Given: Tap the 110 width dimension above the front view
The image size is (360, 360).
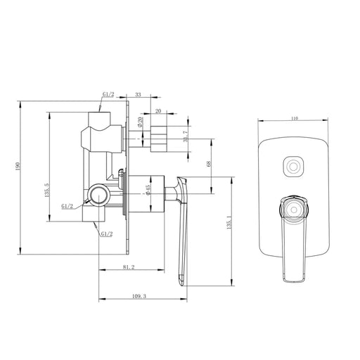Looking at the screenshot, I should pyautogui.click(x=294, y=120).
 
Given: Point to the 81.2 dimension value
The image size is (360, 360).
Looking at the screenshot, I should pyautogui.click(x=129, y=266).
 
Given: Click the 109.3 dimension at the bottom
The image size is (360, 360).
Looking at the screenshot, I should pyautogui.click(x=139, y=297).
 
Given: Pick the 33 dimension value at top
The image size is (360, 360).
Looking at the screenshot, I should pyautogui.click(x=139, y=93).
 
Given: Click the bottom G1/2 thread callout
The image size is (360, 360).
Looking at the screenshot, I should pyautogui.click(x=106, y=233).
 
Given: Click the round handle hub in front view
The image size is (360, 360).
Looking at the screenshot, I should pyautogui.click(x=294, y=206).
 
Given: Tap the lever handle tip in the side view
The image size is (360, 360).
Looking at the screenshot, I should pyautogui.click(x=181, y=282).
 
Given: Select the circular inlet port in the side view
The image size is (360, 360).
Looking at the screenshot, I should pyautogui.click(x=98, y=195).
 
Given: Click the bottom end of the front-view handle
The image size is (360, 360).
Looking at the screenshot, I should pyautogui.click(x=294, y=276).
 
